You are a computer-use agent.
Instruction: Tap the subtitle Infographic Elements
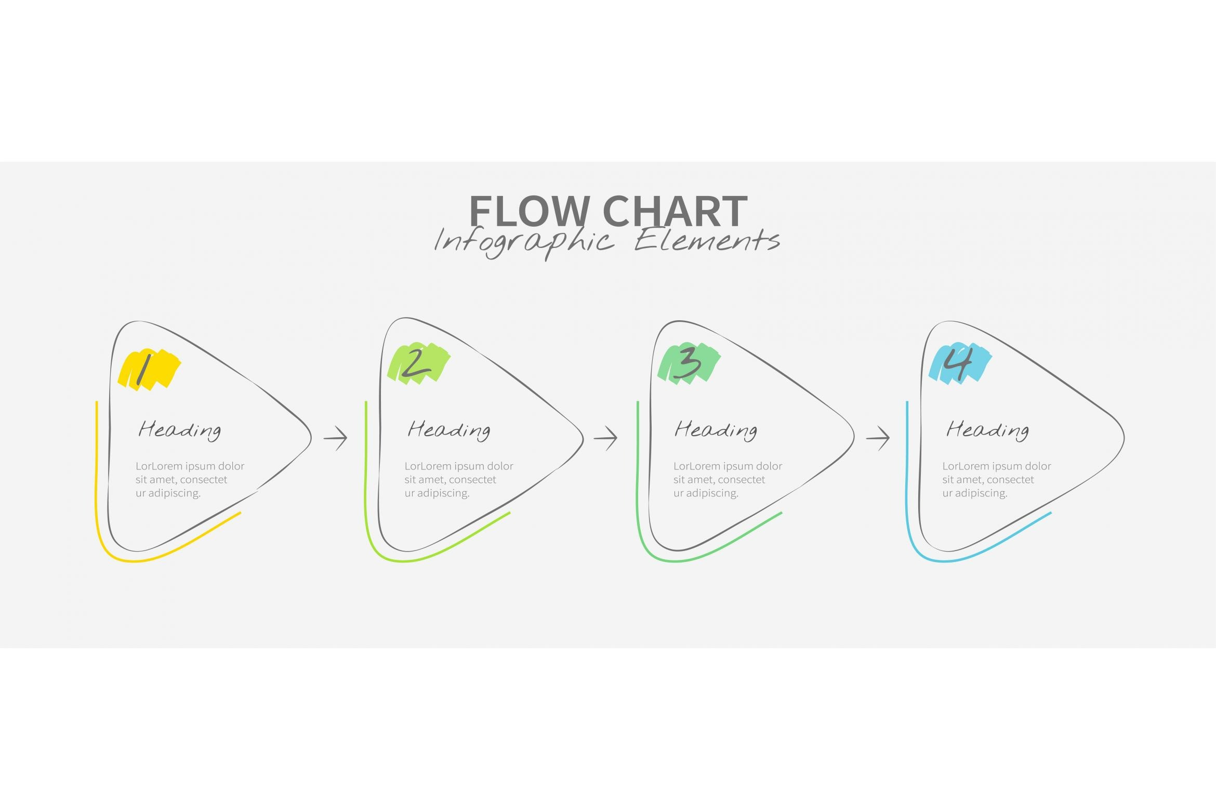pyautogui.click(x=607, y=242)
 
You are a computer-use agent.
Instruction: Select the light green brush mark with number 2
pyautogui.click(x=418, y=363)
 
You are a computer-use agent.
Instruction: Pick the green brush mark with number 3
pyautogui.click(x=689, y=363)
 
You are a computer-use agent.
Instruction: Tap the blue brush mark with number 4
pyautogui.click(x=960, y=363)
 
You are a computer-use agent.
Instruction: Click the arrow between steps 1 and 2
pyautogui.click(x=336, y=438)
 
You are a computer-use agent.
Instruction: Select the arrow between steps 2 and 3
pyautogui.click(x=605, y=438)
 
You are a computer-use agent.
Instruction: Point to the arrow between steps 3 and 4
pyautogui.click(x=878, y=438)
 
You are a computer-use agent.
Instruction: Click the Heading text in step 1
pyautogui.click(x=180, y=430)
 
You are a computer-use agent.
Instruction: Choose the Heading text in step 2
pyautogui.click(x=449, y=430)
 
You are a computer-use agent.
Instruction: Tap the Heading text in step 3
pyautogui.click(x=716, y=430)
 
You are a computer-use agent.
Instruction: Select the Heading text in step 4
pyautogui.click(x=987, y=430)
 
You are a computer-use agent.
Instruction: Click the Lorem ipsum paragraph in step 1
pyautogui.click(x=190, y=479)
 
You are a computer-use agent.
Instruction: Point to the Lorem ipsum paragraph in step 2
pyautogui.click(x=459, y=479)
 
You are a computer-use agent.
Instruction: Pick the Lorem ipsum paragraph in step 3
pyautogui.click(x=728, y=479)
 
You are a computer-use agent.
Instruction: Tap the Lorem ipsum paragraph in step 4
pyautogui.click(x=997, y=479)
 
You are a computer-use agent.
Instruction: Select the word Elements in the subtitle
pyautogui.click(x=707, y=241)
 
